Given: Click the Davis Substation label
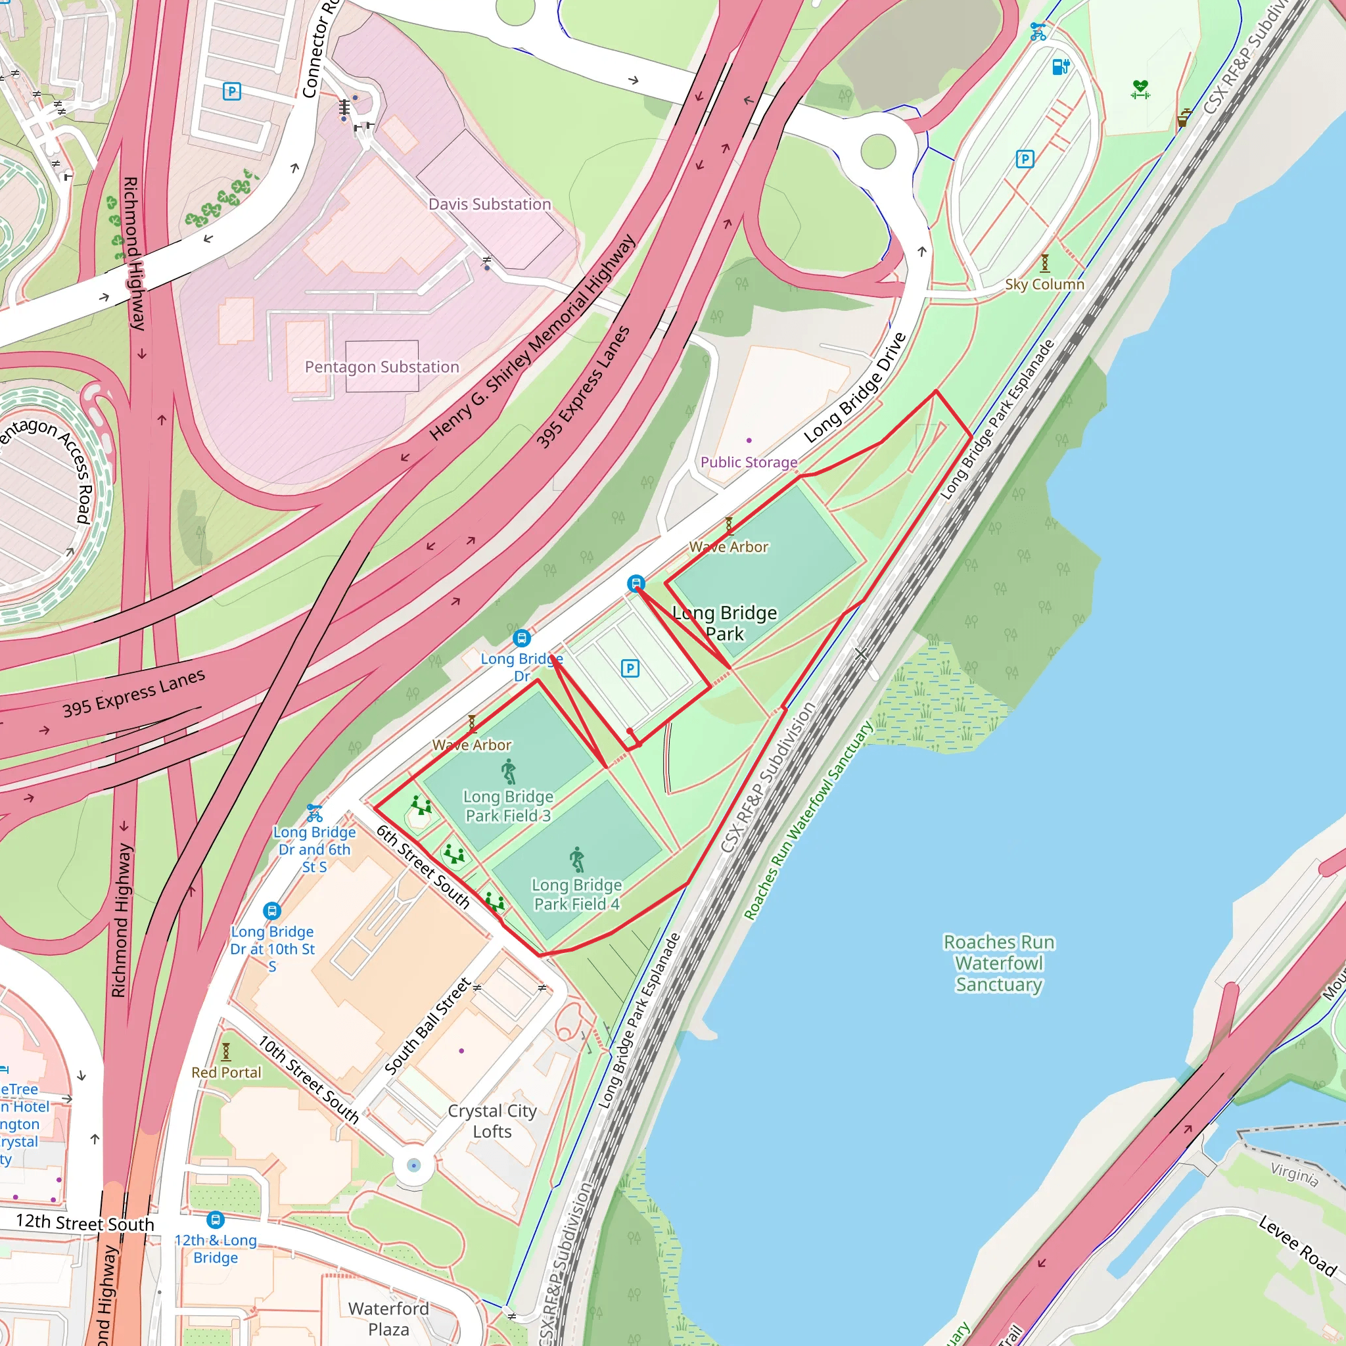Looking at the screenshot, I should (x=489, y=204).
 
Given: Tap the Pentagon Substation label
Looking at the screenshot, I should (x=382, y=367).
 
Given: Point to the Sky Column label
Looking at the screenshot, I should (x=1044, y=284).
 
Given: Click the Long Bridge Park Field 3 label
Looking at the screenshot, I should (x=508, y=805).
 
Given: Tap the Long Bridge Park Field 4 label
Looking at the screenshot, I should (x=576, y=894).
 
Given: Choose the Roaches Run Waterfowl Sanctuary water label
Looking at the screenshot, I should (x=998, y=963).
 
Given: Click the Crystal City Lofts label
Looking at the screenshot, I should (x=492, y=1121).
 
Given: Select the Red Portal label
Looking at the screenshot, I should (x=227, y=1072).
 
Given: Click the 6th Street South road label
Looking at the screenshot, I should (x=423, y=866).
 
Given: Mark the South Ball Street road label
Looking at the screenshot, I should (x=428, y=1025).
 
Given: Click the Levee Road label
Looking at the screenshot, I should (x=1297, y=1245).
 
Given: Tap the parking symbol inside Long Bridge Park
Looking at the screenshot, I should (x=630, y=669).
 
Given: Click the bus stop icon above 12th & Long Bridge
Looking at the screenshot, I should (x=216, y=1219).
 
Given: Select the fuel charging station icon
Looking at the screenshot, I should (x=1059, y=66).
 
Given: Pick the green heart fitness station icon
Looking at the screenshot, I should (x=1140, y=89).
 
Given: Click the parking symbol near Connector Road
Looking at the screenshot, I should (x=231, y=91).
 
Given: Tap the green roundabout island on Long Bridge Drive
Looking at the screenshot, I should (x=878, y=151).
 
